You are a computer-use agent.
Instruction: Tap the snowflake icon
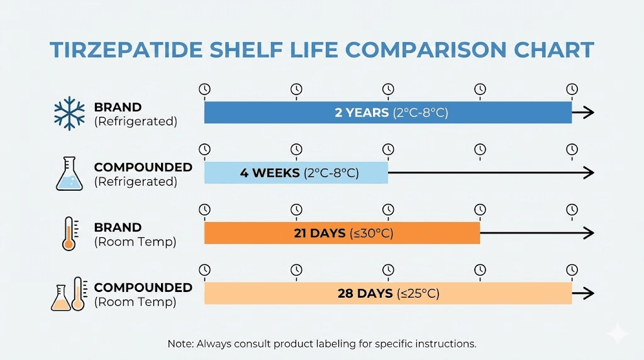click(69, 113)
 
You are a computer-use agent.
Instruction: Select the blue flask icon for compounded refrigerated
click(69, 174)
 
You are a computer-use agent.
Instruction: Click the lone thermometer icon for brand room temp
click(69, 233)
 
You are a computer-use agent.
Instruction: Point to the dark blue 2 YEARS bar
click(387, 113)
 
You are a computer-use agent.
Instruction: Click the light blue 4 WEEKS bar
click(296, 172)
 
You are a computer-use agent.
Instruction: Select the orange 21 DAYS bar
click(341, 233)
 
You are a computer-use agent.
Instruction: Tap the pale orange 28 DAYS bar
click(387, 293)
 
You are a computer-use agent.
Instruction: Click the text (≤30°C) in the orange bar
click(371, 233)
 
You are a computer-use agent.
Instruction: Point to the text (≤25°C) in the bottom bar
click(418, 293)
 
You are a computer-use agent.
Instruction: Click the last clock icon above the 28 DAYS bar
click(572, 269)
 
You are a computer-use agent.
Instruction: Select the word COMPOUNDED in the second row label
click(143, 167)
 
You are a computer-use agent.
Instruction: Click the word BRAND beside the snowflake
click(118, 107)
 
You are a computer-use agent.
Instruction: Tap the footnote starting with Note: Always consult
click(321, 344)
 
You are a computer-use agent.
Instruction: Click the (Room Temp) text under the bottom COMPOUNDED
click(135, 302)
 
